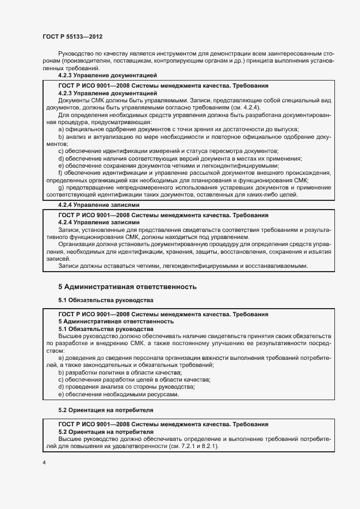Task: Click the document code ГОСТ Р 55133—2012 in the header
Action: (x=72, y=36)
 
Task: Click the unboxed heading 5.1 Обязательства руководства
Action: (x=106, y=300)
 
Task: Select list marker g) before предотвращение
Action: (x=60, y=188)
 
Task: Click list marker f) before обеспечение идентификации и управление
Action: (x=60, y=173)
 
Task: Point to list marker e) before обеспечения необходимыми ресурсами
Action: (x=60, y=394)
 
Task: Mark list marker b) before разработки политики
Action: (x=60, y=372)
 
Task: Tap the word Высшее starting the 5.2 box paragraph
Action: (x=69, y=439)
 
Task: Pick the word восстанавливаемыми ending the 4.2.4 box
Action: (x=280, y=266)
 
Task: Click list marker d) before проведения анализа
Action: (x=60, y=387)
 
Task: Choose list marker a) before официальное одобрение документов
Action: (x=60, y=129)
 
